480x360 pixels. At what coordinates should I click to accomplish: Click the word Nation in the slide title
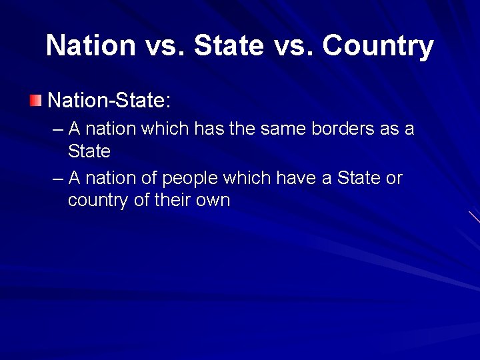91,46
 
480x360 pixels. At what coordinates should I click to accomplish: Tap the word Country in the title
378,46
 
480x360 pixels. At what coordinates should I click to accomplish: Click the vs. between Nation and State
164,46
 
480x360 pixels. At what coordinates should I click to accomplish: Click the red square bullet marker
35,101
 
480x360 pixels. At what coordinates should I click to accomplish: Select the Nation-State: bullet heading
110,101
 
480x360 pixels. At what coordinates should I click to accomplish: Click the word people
192,179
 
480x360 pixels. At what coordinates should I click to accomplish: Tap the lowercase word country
98,201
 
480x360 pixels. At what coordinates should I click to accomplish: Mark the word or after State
394,179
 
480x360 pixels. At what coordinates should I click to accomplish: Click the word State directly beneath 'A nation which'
89,151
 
